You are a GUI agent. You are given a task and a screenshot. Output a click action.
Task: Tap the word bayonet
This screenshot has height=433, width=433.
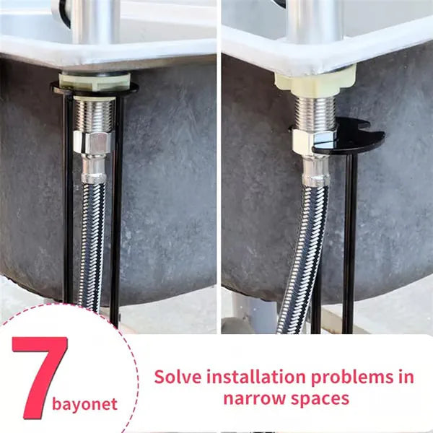click(85, 404)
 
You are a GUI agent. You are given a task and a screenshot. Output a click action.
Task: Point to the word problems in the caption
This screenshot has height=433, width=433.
click(354, 377)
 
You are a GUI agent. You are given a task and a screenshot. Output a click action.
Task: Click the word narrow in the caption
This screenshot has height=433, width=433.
click(253, 398)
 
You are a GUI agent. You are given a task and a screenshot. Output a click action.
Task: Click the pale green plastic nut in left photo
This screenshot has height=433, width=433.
click(94, 79)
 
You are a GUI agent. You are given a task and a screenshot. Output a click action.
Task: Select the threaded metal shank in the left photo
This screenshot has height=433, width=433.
click(95, 114)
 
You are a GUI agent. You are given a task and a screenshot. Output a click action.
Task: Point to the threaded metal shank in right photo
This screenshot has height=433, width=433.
click(315, 112)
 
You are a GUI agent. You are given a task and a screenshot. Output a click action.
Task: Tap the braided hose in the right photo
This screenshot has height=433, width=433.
click(302, 253)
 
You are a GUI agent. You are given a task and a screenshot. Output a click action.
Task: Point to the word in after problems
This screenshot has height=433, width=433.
click(405, 377)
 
